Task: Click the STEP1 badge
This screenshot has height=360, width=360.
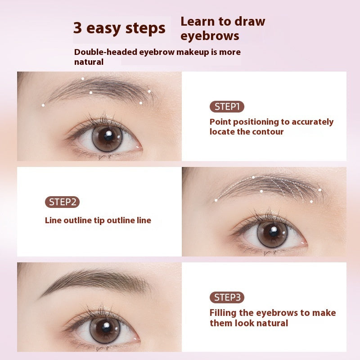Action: click(227, 107)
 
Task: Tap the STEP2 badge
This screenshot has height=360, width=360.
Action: click(62, 202)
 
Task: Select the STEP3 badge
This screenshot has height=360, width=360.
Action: click(227, 297)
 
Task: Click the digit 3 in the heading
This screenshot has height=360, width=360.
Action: click(77, 28)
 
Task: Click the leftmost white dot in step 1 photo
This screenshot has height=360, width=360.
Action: click(43, 105)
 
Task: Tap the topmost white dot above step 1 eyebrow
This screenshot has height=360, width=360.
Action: click(82, 79)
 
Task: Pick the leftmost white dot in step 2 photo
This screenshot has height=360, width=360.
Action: click(216, 200)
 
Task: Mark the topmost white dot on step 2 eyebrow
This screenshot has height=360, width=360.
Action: click(253, 177)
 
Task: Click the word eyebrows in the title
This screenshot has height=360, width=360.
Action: click(210, 36)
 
